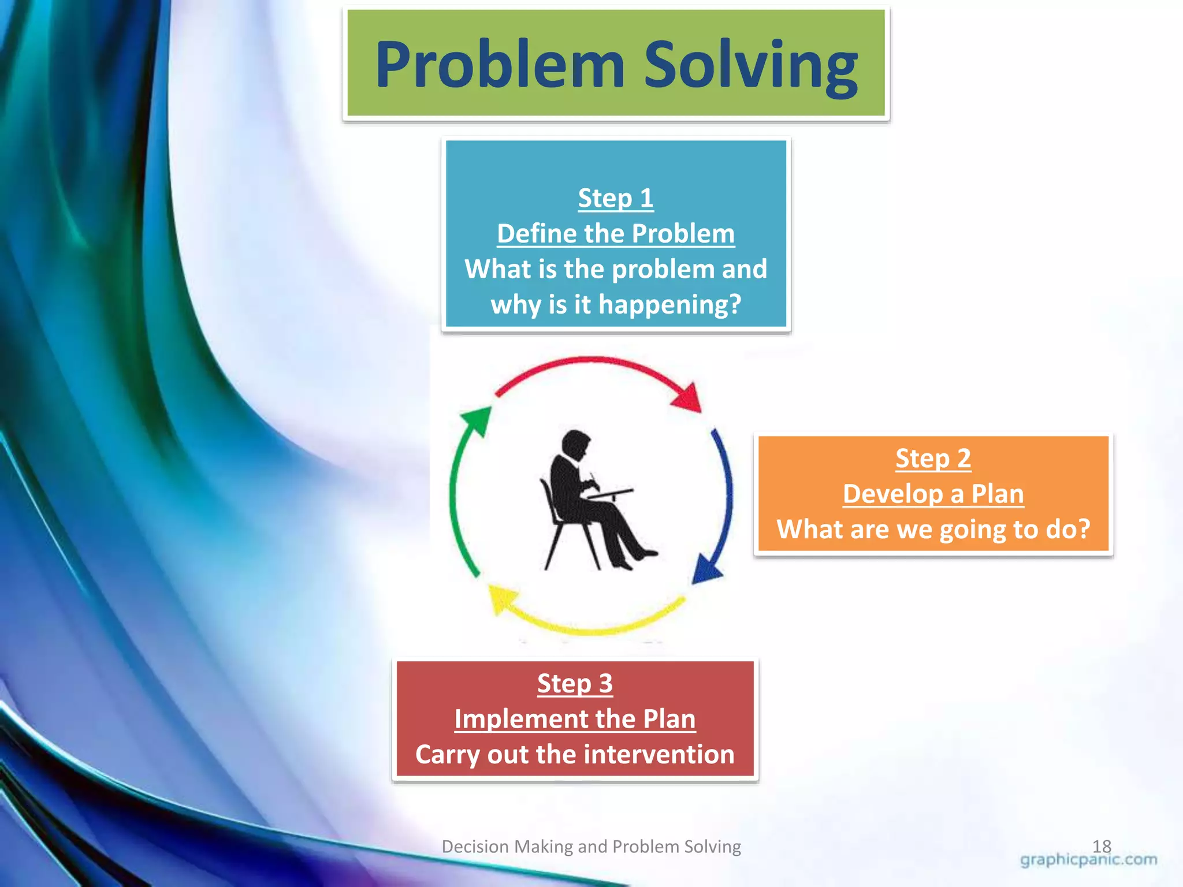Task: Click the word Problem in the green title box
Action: click(500, 65)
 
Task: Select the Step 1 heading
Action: click(615, 198)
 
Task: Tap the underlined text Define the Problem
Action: click(615, 234)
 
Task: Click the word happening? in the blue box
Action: click(669, 304)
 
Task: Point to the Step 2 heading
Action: click(933, 459)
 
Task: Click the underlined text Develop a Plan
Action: click(933, 494)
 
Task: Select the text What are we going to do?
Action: click(933, 529)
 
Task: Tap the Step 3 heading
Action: click(575, 684)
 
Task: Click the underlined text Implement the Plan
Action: click(575, 720)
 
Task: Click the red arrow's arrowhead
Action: click(689, 398)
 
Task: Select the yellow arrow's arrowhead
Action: click(501, 598)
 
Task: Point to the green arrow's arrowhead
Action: click(477, 419)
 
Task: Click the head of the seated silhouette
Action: click(575, 445)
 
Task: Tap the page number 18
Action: click(1102, 846)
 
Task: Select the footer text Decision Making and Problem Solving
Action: click(591, 847)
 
